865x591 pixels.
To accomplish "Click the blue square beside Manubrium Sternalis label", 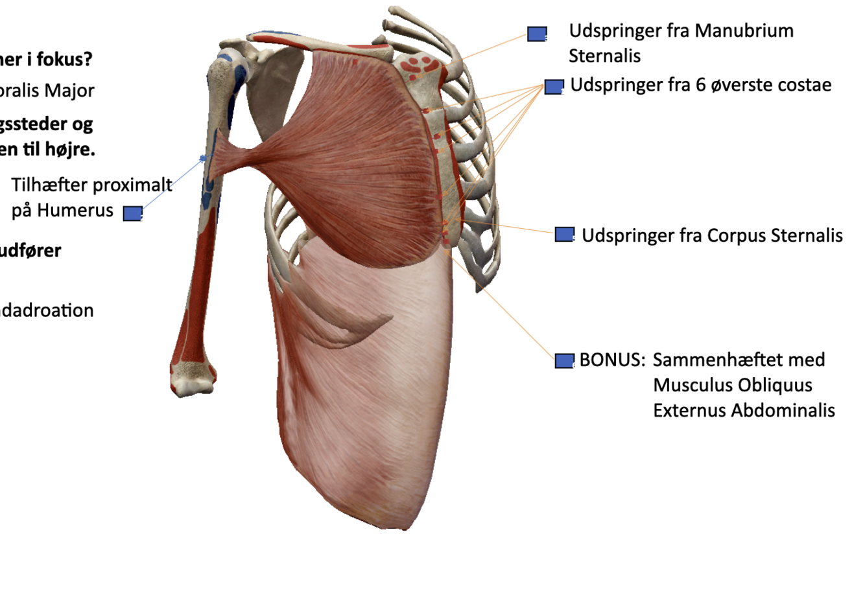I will (x=536, y=34).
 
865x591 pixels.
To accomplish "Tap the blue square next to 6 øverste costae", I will (x=553, y=86).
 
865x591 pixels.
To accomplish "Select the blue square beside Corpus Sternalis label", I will (x=564, y=235).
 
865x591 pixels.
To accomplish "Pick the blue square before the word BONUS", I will (x=564, y=360).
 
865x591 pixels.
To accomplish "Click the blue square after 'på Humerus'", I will (x=132, y=213).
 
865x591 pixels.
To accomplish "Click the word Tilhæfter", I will (x=50, y=185).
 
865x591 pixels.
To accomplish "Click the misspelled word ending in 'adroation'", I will (x=46, y=310).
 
